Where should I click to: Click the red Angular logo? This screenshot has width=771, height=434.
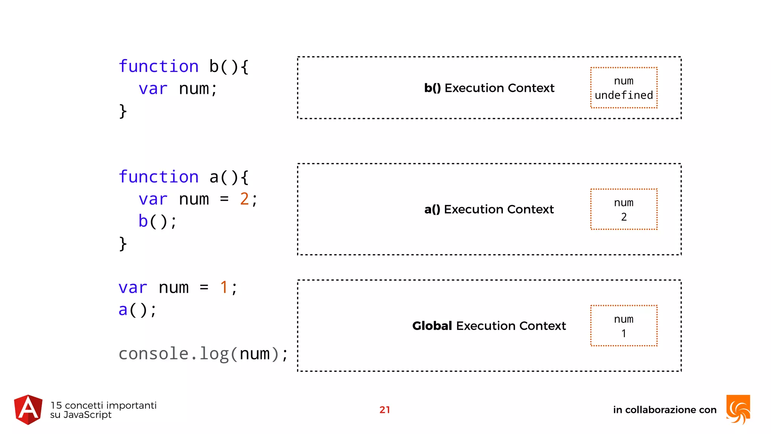coord(28,410)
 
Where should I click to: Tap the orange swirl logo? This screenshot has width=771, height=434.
coord(738,410)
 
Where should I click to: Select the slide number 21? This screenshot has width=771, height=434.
coord(384,410)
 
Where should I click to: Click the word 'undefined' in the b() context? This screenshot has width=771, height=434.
coord(624,95)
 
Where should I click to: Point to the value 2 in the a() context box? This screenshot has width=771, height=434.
coord(624,217)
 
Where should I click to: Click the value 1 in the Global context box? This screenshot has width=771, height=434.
coord(624,333)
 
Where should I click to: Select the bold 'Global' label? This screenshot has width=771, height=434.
coord(432,326)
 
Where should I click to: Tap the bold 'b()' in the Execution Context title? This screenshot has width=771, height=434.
coord(432,88)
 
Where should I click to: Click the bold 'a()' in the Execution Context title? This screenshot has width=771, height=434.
coord(432,209)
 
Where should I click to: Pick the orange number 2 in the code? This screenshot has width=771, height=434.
coord(244,199)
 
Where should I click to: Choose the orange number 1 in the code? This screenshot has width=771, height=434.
coord(224,287)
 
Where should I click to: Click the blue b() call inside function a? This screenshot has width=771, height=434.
coord(143,221)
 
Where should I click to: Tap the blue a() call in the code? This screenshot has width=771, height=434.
coord(123,310)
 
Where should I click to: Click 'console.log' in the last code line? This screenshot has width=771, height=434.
coord(173,354)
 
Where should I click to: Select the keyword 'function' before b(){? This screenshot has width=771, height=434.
coord(158,67)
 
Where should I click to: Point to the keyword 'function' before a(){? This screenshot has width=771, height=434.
coord(158,177)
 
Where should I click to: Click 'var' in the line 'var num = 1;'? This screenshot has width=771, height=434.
coord(133,288)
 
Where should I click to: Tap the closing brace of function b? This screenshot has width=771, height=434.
coord(123,111)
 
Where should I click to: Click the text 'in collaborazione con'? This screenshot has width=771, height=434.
coord(664,410)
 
